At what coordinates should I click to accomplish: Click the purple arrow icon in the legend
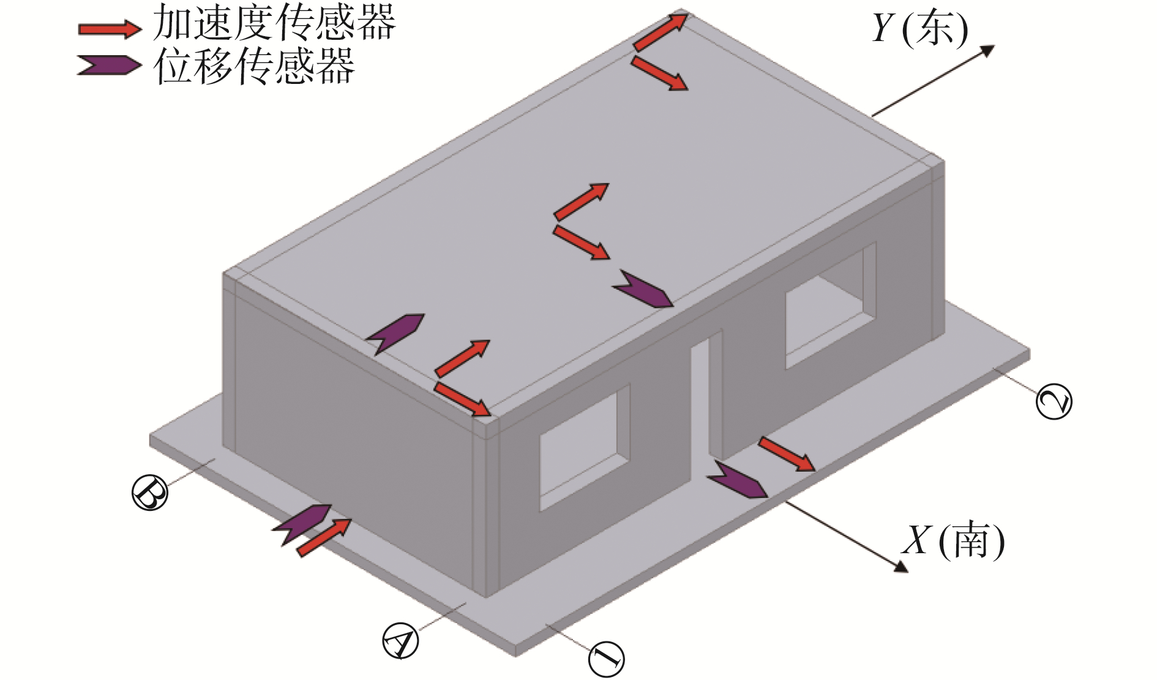109,66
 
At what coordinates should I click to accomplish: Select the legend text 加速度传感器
274,24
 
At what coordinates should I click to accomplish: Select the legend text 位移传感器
255,66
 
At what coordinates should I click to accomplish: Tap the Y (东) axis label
920,28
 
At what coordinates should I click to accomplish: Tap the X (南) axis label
953,540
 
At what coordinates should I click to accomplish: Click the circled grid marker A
400,641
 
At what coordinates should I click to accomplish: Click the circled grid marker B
150,492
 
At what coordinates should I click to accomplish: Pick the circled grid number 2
1054,401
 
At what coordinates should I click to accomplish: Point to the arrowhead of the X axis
901,567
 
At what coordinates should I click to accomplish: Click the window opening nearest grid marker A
585,447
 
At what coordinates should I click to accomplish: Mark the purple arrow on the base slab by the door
737,480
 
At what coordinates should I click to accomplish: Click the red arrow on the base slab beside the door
787,454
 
